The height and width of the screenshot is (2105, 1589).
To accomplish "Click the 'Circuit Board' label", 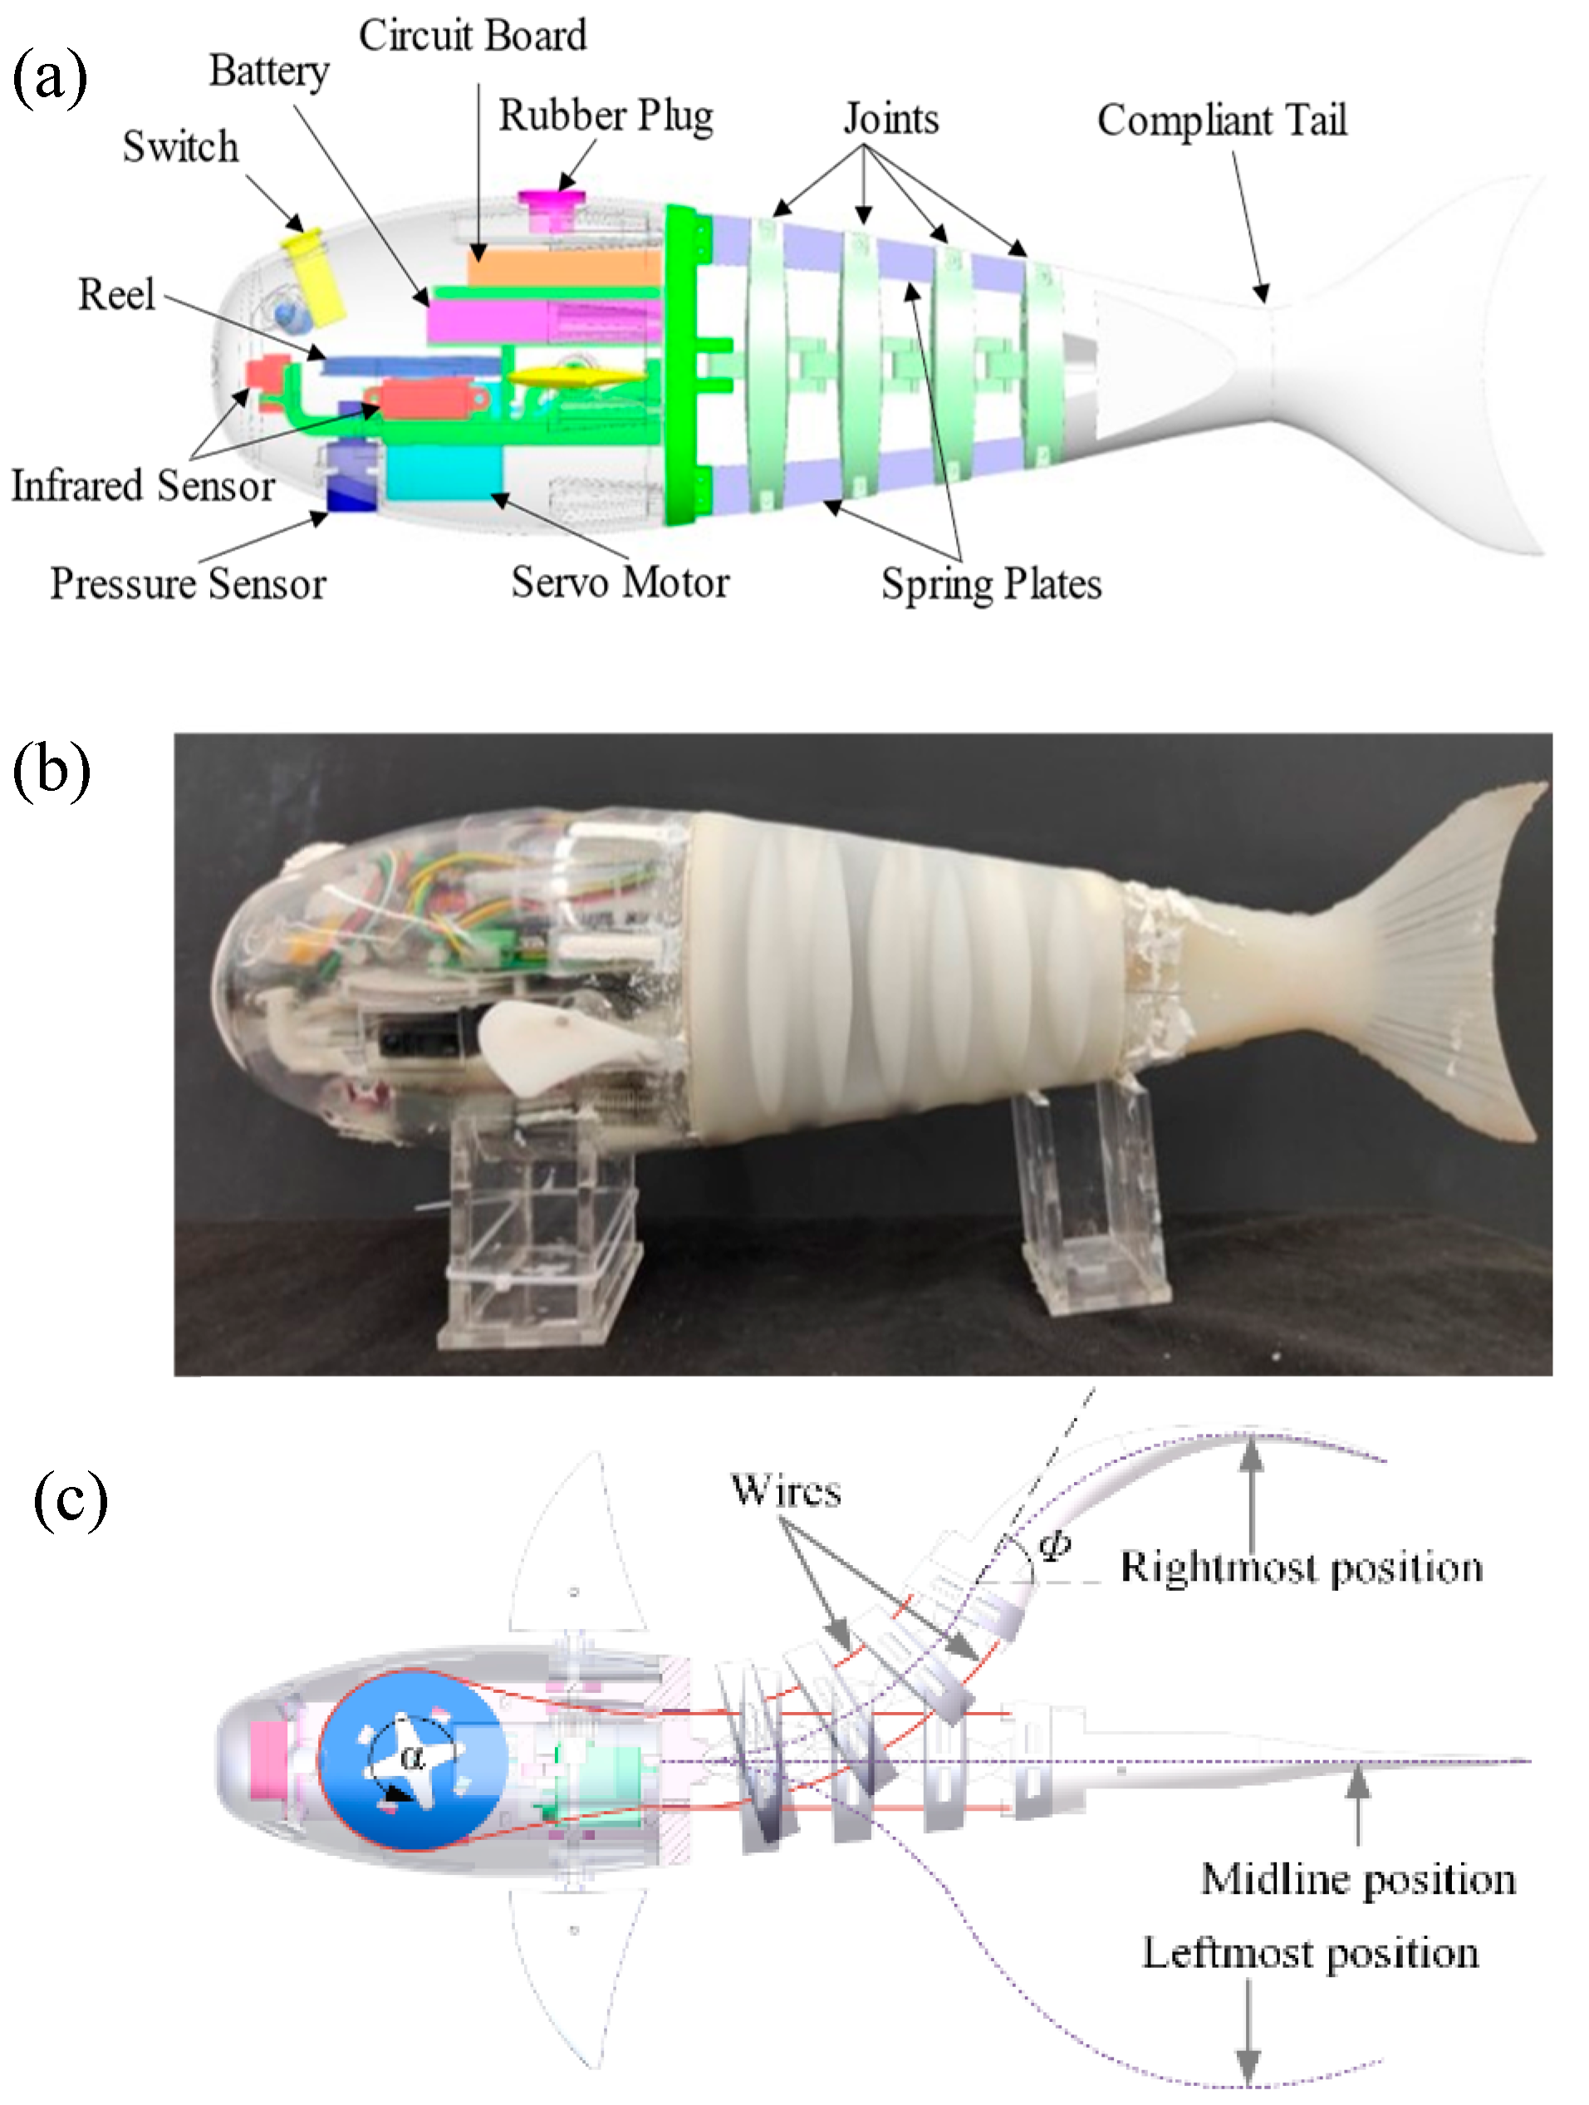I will pyautogui.click(x=472, y=37).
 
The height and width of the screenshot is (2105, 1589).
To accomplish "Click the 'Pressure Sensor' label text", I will pyautogui.click(x=188, y=583).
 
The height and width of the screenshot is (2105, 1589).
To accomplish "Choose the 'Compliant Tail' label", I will pyautogui.click(x=1222, y=120).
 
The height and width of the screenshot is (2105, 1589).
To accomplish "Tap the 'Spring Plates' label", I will pyautogui.click(x=990, y=583).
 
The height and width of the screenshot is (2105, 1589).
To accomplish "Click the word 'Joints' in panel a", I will pyautogui.click(x=890, y=119).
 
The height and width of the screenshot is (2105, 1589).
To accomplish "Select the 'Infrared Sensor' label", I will pyautogui.click(x=143, y=485).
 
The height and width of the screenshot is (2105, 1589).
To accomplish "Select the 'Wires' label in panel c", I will pyautogui.click(x=786, y=1491).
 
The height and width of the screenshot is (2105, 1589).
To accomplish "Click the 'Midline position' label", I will pyautogui.click(x=1358, y=1879).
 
